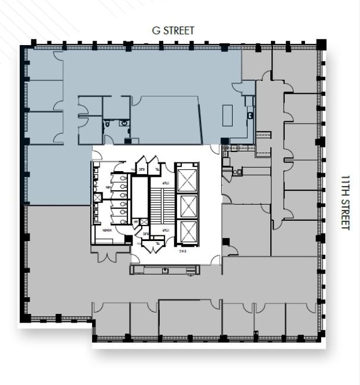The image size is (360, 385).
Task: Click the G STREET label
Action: pyautogui.click(x=173, y=30)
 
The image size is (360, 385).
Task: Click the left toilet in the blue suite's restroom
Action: pyautogui.click(x=108, y=123)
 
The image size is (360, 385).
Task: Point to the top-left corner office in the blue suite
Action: pyautogui.click(x=44, y=65)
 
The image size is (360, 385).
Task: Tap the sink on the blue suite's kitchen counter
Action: pyautogui.click(x=250, y=115)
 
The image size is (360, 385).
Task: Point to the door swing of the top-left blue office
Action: pyautogui.click(x=58, y=56)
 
